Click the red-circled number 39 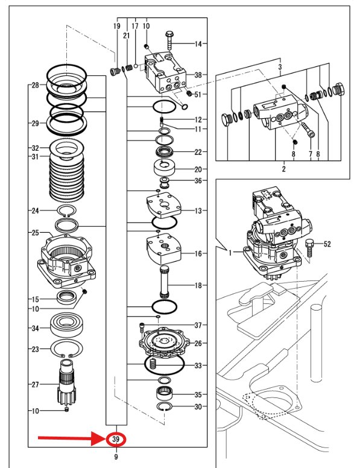[116, 439]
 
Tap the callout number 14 [198, 44]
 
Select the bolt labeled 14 [169, 40]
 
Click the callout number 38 [198, 75]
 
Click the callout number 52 [327, 244]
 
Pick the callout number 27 [35, 384]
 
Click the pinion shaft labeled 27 [67, 382]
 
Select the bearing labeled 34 [66, 324]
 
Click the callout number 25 [35, 233]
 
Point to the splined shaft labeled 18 [164, 282]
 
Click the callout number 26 [198, 343]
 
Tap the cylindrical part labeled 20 [164, 169]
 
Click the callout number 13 [198, 210]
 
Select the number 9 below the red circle [116, 457]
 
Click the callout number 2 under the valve [283, 169]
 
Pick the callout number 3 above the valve [280, 67]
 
